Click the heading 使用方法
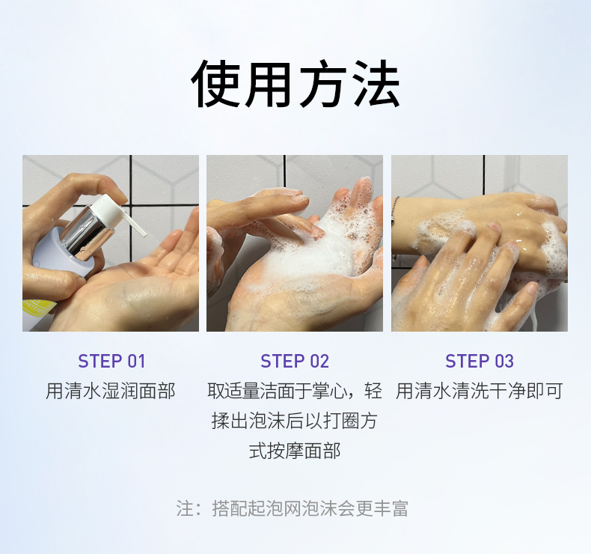click(x=295, y=85)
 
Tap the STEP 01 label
click(x=111, y=362)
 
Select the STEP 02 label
click(x=295, y=362)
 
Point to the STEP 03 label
click(x=480, y=362)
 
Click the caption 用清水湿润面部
click(x=111, y=391)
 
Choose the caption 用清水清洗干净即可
click(x=480, y=391)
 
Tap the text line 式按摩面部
click(x=295, y=451)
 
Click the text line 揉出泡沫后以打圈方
click(x=295, y=421)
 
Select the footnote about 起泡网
click(x=293, y=508)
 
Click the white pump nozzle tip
click(x=144, y=234)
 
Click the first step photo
click(x=111, y=243)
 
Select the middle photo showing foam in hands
click(x=295, y=243)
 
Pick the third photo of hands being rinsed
click(x=480, y=243)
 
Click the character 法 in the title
click(x=376, y=85)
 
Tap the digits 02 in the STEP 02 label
click(x=319, y=362)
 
